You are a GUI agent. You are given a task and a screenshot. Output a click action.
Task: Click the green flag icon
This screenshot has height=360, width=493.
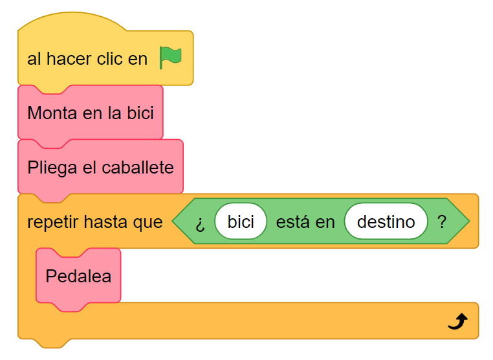point(171,58)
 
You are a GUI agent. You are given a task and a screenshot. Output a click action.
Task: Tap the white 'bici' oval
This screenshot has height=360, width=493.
point(241,222)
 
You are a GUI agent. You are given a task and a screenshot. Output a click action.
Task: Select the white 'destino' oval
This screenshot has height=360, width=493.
point(386,222)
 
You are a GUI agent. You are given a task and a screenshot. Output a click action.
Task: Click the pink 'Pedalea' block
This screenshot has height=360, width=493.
point(78,276)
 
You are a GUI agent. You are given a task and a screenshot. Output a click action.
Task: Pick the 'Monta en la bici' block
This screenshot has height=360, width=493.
point(91,113)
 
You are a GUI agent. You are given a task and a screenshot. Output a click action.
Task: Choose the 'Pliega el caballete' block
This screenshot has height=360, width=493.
point(100,168)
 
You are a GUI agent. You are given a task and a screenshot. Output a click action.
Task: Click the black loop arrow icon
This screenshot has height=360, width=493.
point(457,321)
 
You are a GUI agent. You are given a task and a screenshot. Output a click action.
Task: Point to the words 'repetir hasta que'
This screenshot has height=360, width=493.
point(94,222)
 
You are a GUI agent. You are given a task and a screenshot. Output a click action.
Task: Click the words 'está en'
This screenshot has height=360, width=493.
point(305,222)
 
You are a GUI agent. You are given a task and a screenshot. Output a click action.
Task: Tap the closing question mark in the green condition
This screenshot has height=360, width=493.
point(442,222)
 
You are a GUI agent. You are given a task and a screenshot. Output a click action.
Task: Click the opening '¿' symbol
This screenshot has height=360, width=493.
point(201,223)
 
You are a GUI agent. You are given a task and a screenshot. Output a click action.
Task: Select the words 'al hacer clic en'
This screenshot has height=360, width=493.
point(87,59)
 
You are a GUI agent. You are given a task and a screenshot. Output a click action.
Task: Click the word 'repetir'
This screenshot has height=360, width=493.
point(50,222)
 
